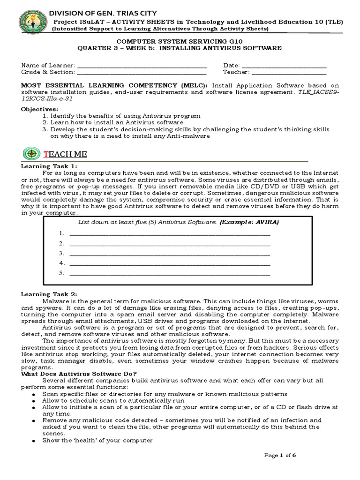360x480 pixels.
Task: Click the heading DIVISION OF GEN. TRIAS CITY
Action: coord(103,13)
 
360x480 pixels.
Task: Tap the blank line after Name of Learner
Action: coord(141,66)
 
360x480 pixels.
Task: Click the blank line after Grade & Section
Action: coord(141,73)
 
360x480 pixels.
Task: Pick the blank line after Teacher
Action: coord(289,73)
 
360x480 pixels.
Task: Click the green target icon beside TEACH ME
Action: coord(31,154)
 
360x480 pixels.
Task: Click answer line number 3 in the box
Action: coord(169,254)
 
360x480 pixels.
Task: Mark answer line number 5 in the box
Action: coord(169,273)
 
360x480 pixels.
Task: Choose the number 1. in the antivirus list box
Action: coord(61,233)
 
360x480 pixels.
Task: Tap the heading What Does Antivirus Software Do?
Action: coord(79,373)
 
